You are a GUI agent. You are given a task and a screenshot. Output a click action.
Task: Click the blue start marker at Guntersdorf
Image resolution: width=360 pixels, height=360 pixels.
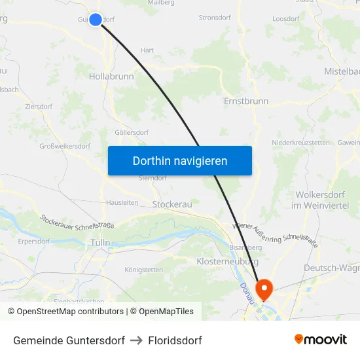(x=96, y=20)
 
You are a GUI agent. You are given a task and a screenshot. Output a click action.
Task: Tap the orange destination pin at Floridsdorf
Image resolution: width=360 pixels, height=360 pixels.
(x=265, y=289)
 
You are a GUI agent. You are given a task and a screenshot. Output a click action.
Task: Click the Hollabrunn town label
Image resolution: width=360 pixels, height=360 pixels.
(x=111, y=77)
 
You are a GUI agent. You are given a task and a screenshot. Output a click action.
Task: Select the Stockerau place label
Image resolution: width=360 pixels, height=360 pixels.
(x=172, y=205)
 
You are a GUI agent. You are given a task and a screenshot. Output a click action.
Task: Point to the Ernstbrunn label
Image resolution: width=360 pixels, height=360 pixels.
(x=246, y=102)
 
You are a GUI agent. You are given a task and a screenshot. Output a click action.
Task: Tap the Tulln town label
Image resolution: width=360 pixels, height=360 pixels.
(x=101, y=243)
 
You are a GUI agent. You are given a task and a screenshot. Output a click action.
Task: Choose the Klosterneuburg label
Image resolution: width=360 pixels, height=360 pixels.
(x=226, y=261)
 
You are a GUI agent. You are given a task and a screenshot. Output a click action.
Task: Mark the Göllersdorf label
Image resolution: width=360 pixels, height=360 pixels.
(x=132, y=132)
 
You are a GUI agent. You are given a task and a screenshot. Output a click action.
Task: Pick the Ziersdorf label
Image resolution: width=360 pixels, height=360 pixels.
(x=38, y=105)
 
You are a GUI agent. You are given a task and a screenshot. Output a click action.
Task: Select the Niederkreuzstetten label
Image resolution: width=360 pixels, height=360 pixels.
(x=300, y=143)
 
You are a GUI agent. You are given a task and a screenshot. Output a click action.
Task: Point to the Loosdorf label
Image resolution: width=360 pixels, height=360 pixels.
(x=285, y=18)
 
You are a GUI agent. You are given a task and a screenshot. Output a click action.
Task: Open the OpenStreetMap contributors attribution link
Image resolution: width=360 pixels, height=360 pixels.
(x=70, y=312)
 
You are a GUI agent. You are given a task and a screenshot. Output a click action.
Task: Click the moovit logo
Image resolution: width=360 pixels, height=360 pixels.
(x=321, y=340)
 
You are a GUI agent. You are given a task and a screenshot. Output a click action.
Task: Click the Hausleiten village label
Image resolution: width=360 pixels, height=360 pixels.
(x=122, y=203)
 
